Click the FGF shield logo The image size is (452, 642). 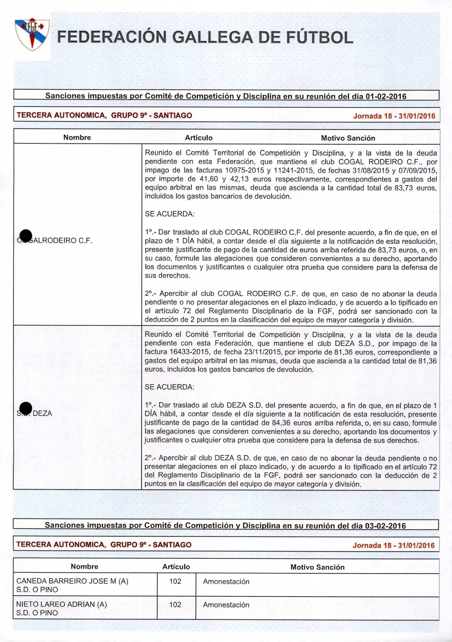click(x=32, y=34)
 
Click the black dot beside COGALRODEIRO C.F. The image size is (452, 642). click(x=26, y=236)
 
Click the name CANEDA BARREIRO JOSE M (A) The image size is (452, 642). click(x=72, y=581)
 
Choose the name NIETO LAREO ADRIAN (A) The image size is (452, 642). click(x=61, y=604)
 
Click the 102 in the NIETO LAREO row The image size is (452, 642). click(x=175, y=605)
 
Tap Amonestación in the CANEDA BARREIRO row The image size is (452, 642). click(x=226, y=581)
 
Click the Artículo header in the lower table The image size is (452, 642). click(x=176, y=567)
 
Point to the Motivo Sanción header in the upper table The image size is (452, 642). click(x=348, y=138)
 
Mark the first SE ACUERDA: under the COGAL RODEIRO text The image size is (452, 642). click(x=169, y=214)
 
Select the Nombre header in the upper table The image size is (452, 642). click(x=77, y=137)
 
